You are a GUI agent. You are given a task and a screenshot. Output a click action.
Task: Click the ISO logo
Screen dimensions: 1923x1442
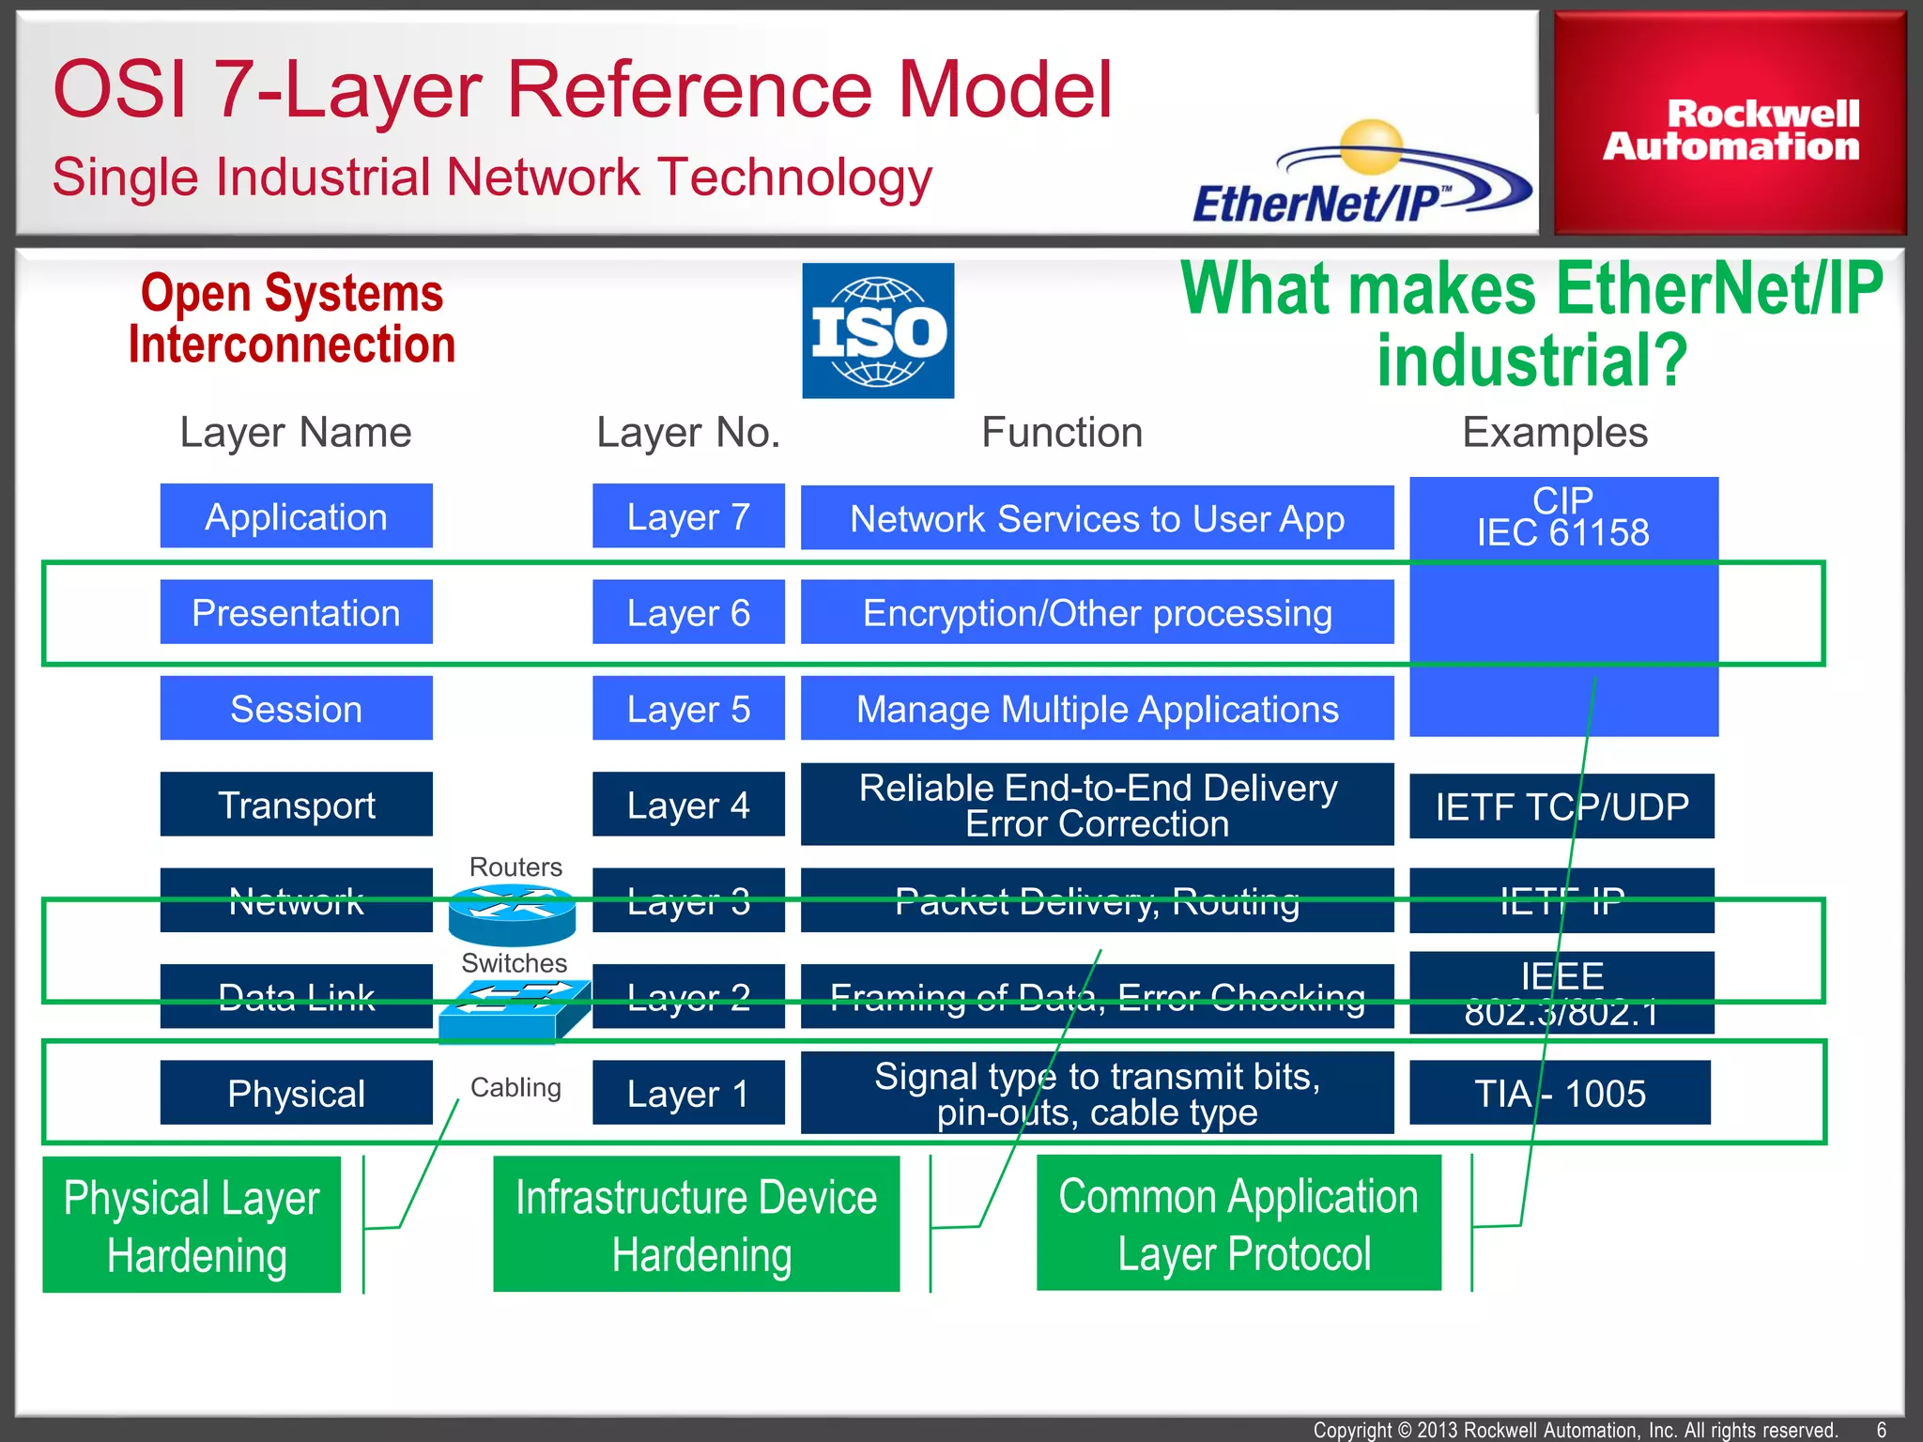pyautogui.click(x=878, y=330)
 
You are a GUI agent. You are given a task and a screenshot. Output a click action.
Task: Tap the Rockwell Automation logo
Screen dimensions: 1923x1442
pyautogui.click(x=1731, y=123)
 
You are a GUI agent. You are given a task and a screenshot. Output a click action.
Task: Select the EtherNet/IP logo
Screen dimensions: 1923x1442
pyautogui.click(x=1361, y=174)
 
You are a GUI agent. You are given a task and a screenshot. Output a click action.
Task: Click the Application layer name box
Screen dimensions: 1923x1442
pyautogui.click(x=297, y=515)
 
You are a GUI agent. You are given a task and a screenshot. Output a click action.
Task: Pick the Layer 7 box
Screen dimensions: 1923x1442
pyautogui.click(x=688, y=515)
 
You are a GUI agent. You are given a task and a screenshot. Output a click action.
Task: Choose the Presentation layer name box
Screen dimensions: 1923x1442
pyautogui.click(x=297, y=612)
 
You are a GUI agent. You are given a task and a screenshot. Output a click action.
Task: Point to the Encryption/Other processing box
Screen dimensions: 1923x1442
pyautogui.click(x=1097, y=612)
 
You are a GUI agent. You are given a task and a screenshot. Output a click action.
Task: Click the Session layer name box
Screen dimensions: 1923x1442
pyautogui.click(x=297, y=708)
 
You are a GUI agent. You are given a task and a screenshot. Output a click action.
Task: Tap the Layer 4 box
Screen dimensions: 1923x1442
pyautogui.click(x=688, y=805)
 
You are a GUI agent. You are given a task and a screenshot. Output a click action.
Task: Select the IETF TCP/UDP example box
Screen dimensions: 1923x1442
pyautogui.click(x=1561, y=805)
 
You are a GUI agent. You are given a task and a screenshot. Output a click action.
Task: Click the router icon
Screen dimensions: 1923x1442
pyautogui.click(x=512, y=915)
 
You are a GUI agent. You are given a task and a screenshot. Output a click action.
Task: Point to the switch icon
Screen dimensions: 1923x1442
pyautogui.click(x=515, y=1011)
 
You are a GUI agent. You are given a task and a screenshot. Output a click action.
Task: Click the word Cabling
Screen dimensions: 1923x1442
pyautogui.click(x=515, y=1087)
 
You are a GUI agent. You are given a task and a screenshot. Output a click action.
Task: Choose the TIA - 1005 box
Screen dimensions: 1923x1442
pyautogui.click(x=1560, y=1093)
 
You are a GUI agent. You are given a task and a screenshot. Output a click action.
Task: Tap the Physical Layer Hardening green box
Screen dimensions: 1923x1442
pyautogui.click(x=192, y=1224)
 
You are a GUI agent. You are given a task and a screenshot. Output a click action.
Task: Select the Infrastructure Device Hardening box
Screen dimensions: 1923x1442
pyautogui.click(x=697, y=1224)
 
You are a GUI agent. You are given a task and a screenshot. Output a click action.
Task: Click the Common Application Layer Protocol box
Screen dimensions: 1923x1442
pyautogui.click(x=1238, y=1223)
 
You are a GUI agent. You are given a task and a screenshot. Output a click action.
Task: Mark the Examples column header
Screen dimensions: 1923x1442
pyautogui.click(x=1555, y=433)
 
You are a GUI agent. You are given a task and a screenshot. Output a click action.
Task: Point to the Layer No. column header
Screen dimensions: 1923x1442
pyautogui.click(x=688, y=433)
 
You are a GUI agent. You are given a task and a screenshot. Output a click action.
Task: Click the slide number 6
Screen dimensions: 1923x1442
pyautogui.click(x=1882, y=1430)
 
